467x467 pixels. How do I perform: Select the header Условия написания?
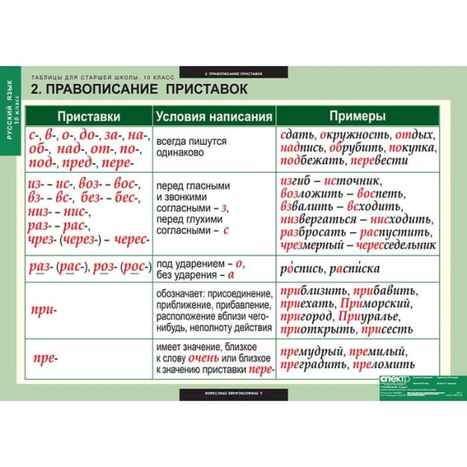click(x=213, y=117)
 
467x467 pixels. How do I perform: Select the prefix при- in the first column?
click(x=44, y=310)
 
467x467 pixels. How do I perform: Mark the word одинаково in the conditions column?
click(x=180, y=154)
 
